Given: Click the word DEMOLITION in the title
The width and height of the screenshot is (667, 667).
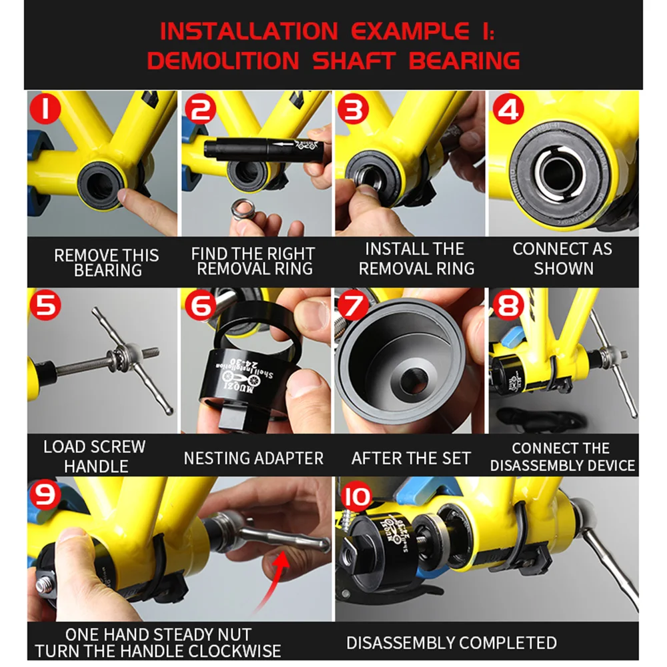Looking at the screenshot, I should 223,61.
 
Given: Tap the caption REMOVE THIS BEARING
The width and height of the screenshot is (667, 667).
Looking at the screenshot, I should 107,263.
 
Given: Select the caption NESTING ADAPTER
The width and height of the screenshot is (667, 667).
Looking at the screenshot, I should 253,458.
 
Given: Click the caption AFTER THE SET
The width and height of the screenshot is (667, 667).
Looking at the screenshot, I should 411,458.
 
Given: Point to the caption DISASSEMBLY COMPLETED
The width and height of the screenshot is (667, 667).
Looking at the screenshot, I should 452,643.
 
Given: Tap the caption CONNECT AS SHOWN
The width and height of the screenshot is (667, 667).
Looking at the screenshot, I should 562,259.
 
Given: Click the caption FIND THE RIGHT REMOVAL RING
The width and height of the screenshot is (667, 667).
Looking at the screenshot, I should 254,261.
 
